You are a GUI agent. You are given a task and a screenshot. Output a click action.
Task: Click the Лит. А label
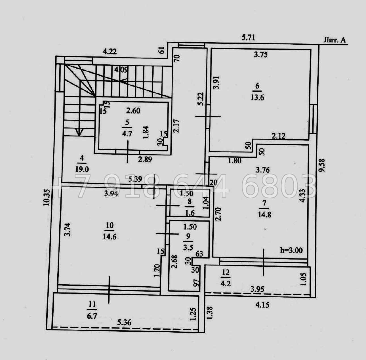click(335, 40)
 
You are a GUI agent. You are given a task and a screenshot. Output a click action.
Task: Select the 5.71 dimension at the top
click(248, 37)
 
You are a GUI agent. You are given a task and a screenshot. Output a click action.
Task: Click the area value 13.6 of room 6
click(257, 97)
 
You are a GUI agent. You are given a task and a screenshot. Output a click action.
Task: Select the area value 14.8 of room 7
click(264, 214)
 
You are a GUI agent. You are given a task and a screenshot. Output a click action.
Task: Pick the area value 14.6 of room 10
click(110, 236)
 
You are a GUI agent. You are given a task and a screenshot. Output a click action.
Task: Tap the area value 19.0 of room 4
click(82, 169)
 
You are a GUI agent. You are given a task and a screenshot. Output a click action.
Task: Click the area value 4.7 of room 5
click(127, 134)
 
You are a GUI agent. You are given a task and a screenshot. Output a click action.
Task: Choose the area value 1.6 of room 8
click(190, 212)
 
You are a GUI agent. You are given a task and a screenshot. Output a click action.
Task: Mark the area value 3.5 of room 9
click(188, 247)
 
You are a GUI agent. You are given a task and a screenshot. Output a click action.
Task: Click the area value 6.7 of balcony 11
click(92, 316)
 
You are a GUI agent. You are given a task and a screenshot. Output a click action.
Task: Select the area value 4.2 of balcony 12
click(226, 283)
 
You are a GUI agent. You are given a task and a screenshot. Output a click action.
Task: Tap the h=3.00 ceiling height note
click(291, 250)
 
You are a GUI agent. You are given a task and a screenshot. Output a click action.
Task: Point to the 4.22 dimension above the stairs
click(110, 52)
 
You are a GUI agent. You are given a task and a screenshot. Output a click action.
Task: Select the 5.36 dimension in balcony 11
click(124, 322)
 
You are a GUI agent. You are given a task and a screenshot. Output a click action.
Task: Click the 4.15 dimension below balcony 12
click(262, 305)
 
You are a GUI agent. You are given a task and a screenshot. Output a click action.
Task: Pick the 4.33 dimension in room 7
click(302, 195)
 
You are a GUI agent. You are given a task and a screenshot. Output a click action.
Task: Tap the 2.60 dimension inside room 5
click(133, 110)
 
